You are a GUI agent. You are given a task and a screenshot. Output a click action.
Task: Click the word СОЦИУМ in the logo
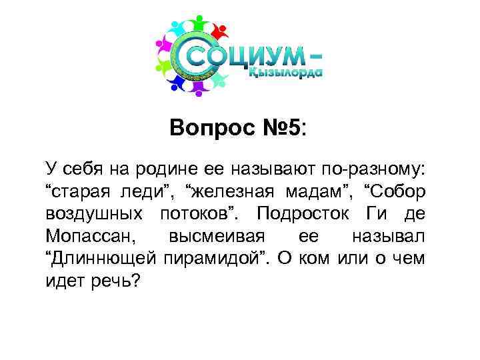tap(243, 56)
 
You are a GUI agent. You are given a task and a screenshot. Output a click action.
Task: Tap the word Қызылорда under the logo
tap(286, 75)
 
